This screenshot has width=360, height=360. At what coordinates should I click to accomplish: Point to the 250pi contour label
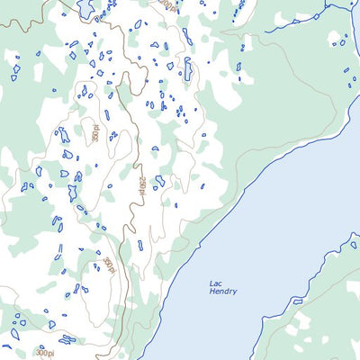[141, 185]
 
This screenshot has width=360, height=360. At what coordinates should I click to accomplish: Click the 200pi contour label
[166, 4]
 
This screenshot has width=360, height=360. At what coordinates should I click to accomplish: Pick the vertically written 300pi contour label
[108, 265]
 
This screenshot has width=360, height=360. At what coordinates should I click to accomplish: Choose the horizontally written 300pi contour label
[45, 354]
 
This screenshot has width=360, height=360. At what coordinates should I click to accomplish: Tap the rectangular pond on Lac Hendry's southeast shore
[298, 301]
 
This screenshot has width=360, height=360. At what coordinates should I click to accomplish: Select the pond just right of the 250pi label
[159, 181]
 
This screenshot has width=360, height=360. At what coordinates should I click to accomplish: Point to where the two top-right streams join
[328, 8]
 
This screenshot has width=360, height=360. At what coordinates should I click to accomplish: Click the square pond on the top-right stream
[316, 15]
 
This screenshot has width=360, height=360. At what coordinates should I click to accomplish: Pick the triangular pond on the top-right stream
[295, 21]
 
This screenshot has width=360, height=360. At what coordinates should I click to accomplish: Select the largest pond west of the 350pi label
[63, 135]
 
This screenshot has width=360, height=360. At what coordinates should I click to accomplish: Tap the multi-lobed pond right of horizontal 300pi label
[67, 339]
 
